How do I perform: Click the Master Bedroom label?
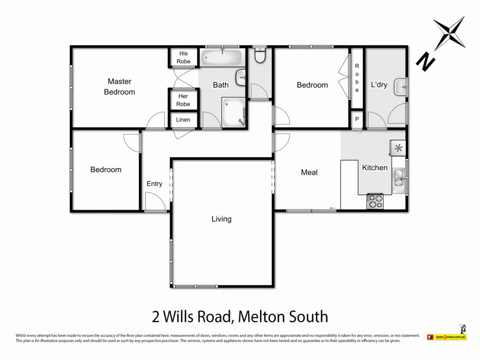pos(120,87)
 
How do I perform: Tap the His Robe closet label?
pos(183,58)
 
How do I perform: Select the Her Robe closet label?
pos(183,100)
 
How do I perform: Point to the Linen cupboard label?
pos(183,120)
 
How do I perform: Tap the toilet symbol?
pos(260,56)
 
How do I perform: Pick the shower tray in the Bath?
pos(234,112)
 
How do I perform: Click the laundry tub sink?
pos(400,87)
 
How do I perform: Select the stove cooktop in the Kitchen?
pos(375,201)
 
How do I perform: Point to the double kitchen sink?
pos(398,178)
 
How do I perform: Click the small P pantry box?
pos(357,119)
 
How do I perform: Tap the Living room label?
pos(221,219)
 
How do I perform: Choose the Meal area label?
pos(309,172)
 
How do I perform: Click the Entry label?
pos(154,184)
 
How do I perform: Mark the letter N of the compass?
pos(425,61)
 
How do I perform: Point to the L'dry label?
pos(379,85)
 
